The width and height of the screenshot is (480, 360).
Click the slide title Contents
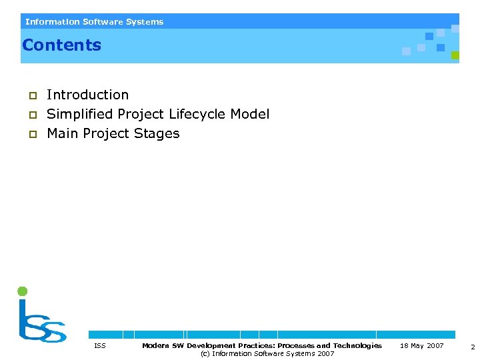tap(61, 45)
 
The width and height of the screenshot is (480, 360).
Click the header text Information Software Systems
tap(94, 22)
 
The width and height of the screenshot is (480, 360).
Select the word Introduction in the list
tap(87, 95)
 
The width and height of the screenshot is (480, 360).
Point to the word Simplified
tap(80, 115)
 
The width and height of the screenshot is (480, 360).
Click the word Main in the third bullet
tap(63, 134)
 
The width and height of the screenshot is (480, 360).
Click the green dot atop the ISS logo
tap(22, 291)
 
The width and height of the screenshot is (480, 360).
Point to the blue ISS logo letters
tap(41, 323)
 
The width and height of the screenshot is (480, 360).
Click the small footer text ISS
tap(99, 346)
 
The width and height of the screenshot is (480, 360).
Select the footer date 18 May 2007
tap(421, 346)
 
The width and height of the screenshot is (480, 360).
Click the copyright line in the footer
tap(267, 354)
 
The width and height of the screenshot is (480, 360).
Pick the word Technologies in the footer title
tap(357, 346)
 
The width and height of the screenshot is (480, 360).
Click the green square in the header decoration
tap(455, 55)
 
